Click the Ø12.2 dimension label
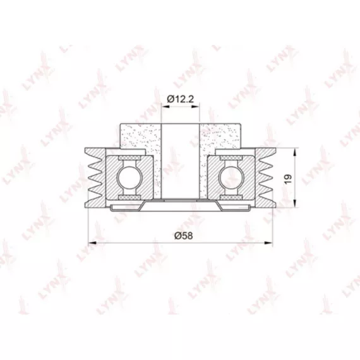click(181, 99)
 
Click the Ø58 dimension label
click(183, 236)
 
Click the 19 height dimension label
click(288, 179)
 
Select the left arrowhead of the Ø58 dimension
click(92, 243)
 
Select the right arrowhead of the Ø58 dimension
click(268, 243)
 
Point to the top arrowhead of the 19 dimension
click(295, 152)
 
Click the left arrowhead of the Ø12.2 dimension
click(165, 106)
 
